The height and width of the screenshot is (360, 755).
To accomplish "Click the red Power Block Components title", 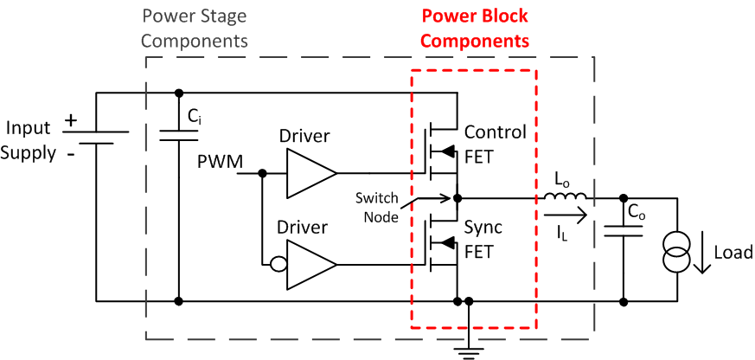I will coord(474,29).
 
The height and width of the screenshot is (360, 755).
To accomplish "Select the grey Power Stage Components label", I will coord(195,29).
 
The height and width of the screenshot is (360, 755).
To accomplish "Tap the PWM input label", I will coord(220,161).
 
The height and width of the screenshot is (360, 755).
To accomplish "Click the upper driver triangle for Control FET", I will coord(310,173).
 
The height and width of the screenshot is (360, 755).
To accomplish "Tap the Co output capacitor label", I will coord(637,213).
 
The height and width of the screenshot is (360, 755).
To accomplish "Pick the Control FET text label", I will coord(495,143).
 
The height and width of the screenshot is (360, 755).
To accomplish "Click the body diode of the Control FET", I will coord(446,151).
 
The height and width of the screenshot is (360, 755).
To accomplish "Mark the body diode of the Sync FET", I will coord(446,242).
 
